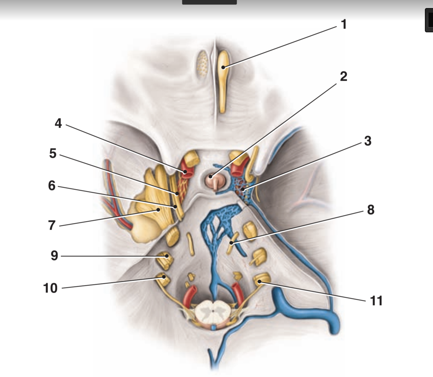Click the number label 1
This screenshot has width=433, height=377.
(x=344, y=24)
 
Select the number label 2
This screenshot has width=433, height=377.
(x=343, y=77)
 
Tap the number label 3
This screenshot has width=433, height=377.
(x=367, y=141)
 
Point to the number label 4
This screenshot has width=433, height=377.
(x=58, y=123)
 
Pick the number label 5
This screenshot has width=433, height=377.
(x=53, y=153)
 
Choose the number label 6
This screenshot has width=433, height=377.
(x=52, y=186)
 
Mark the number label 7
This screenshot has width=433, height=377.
(x=52, y=225)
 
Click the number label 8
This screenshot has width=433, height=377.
(x=371, y=210)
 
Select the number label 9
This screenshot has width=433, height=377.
(x=54, y=256)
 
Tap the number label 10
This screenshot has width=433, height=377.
(x=50, y=288)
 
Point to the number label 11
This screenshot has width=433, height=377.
(x=376, y=301)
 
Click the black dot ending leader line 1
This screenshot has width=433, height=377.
(x=223, y=67)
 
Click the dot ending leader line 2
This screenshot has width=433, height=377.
(x=211, y=177)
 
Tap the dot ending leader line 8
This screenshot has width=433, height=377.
(x=231, y=242)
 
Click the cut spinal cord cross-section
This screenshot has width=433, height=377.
(x=213, y=311)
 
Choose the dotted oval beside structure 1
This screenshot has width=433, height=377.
(x=203, y=63)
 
